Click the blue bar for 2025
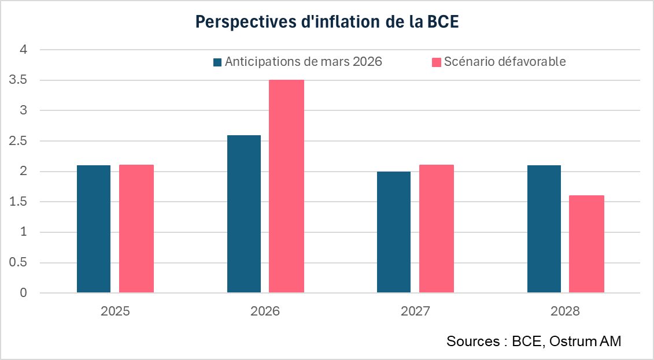pyautogui.click(x=94, y=229)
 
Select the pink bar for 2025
pyautogui.click(x=136, y=229)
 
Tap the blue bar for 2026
pyautogui.click(x=244, y=214)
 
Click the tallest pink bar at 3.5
pyautogui.click(x=286, y=186)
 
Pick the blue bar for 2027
pyautogui.click(x=394, y=232)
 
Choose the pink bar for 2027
pyautogui.click(x=437, y=229)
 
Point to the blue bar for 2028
pyautogui.click(x=544, y=229)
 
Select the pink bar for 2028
pyautogui.click(x=586, y=244)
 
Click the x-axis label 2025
pyautogui.click(x=115, y=311)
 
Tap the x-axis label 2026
pyautogui.click(x=265, y=311)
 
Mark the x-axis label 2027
pyautogui.click(x=415, y=311)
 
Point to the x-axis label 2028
pyautogui.click(x=565, y=311)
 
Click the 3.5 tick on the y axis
pyautogui.click(x=17, y=80)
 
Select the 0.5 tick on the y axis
pyautogui.click(x=17, y=263)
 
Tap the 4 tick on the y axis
pyautogui.click(x=24, y=50)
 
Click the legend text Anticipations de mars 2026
pyautogui.click(x=304, y=62)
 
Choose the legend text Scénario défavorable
pyautogui.click(x=505, y=62)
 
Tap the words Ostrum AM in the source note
pyautogui.click(x=585, y=341)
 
